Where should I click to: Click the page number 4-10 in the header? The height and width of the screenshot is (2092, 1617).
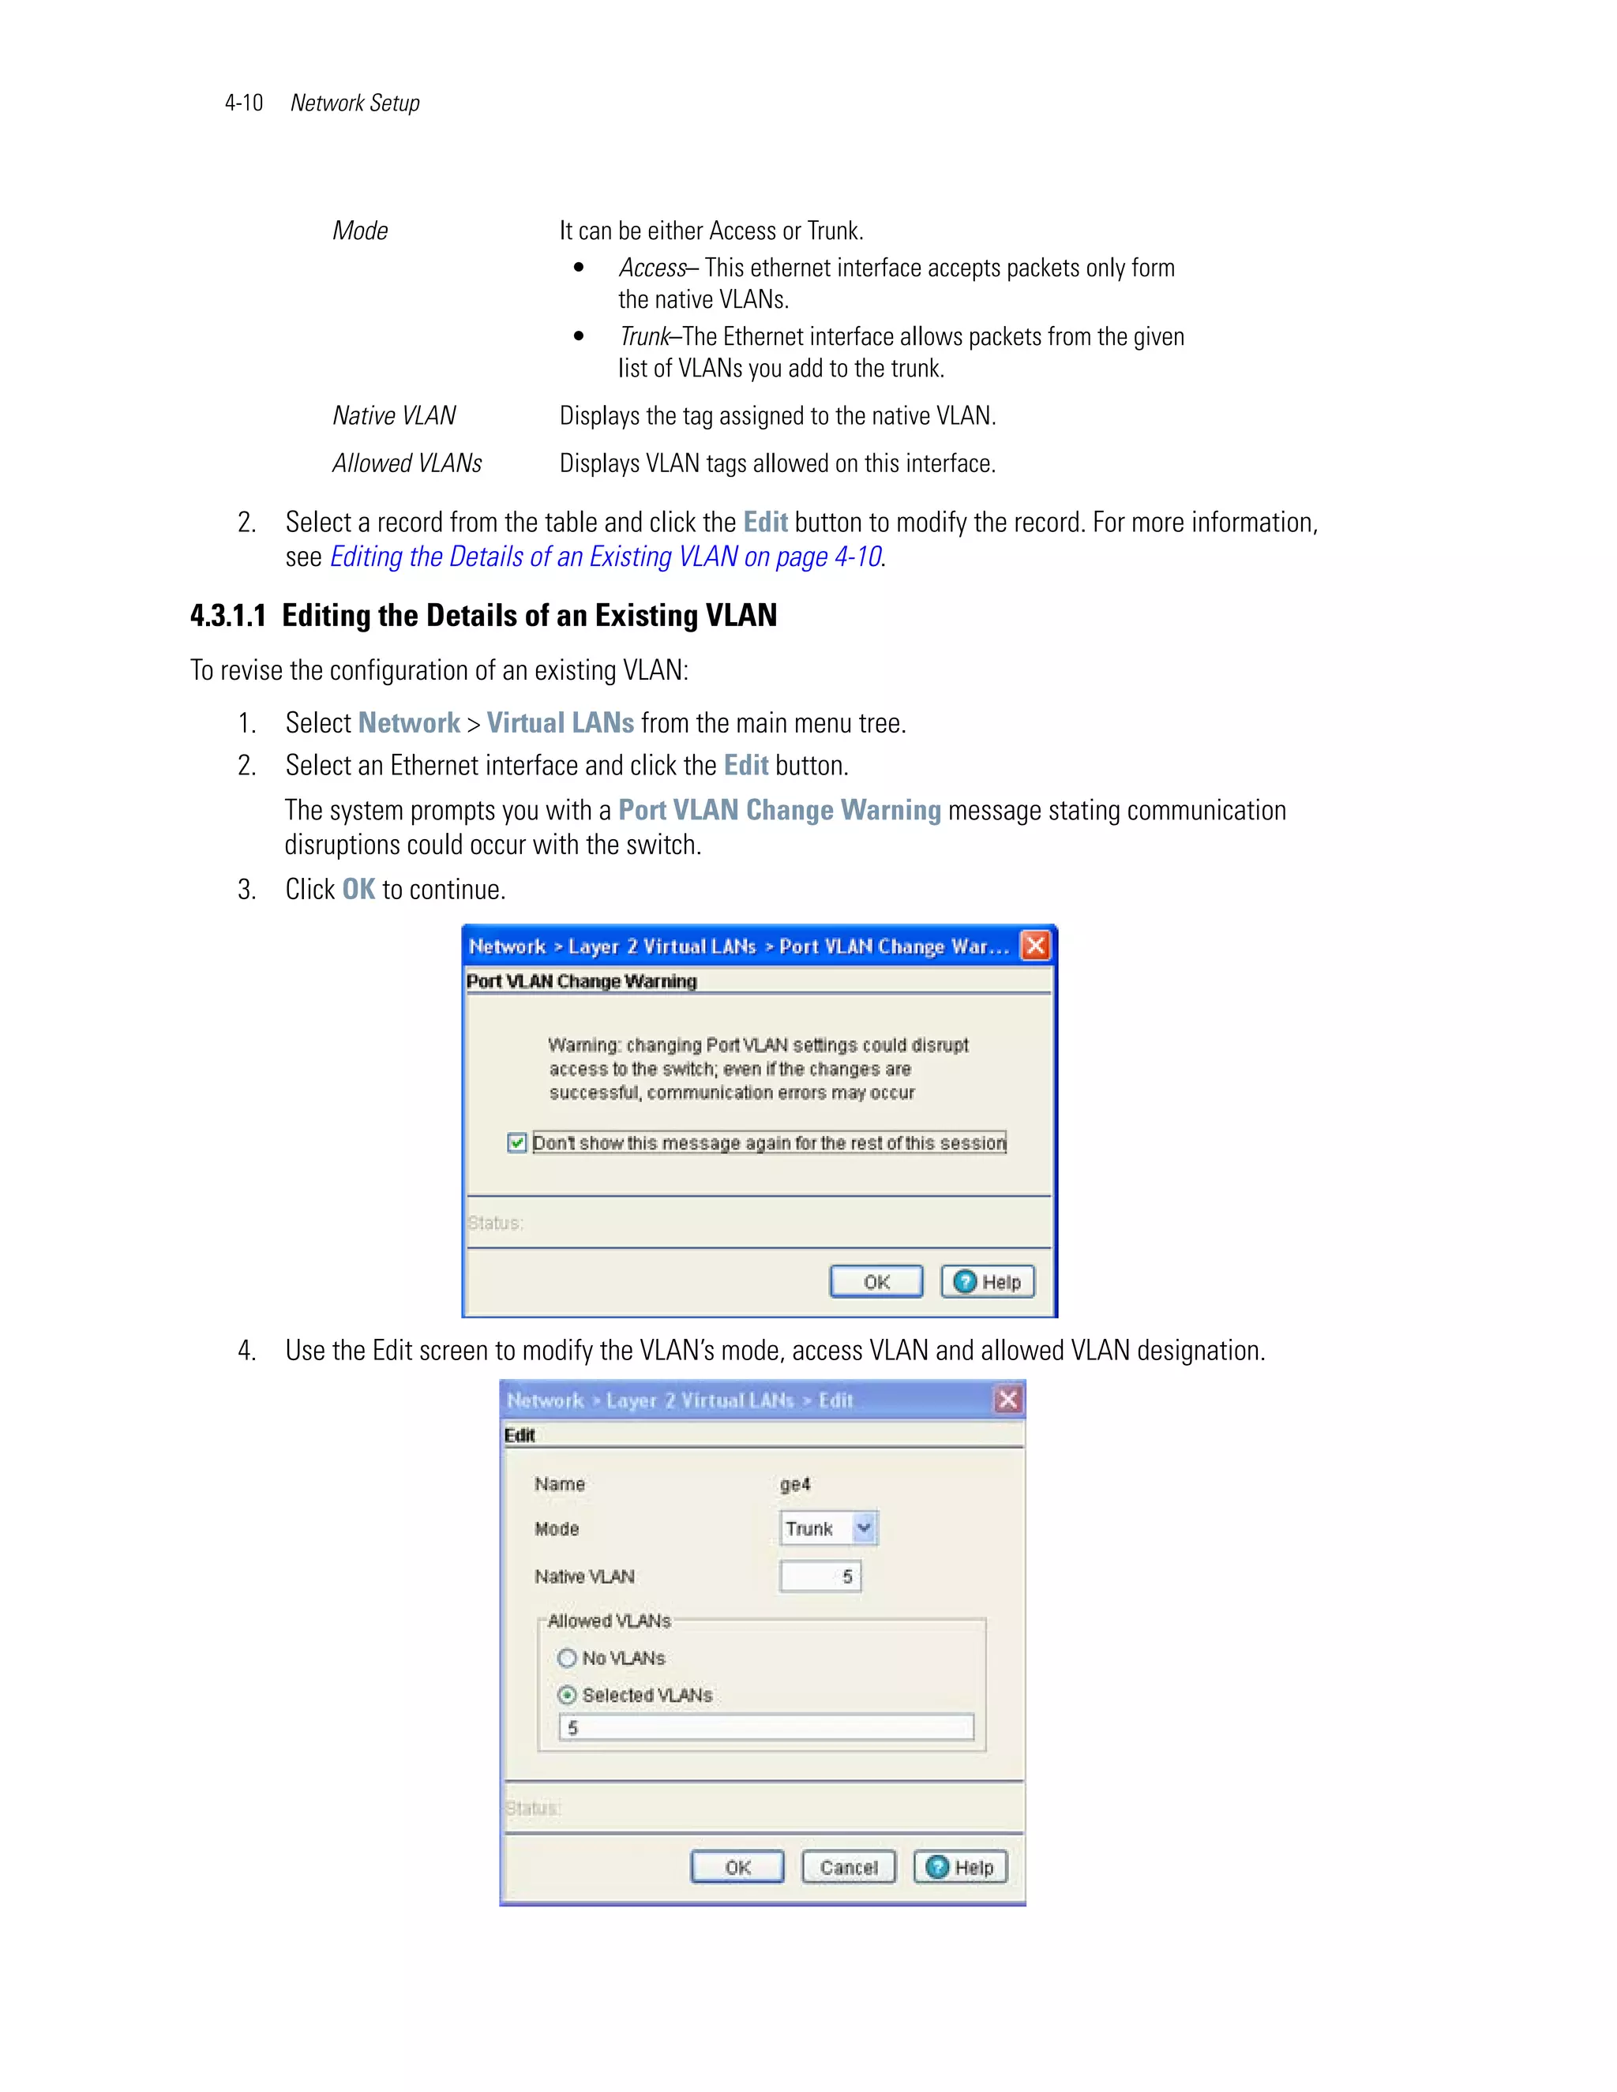click(x=243, y=103)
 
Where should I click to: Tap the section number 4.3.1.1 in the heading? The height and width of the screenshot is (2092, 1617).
click(x=228, y=615)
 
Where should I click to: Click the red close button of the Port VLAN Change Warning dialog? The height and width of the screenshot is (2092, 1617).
click(x=1036, y=947)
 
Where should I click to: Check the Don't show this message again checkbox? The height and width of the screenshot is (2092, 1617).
click(x=517, y=1143)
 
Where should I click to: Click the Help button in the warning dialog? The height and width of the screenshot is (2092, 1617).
click(x=988, y=1281)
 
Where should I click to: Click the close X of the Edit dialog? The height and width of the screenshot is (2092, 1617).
click(x=1007, y=1400)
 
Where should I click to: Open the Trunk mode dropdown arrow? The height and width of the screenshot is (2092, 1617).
click(x=864, y=1528)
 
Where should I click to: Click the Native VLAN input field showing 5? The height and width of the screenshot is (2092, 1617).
click(x=820, y=1576)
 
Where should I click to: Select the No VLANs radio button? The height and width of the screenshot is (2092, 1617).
click(x=567, y=1658)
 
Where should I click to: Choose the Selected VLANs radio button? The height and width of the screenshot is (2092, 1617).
click(x=567, y=1696)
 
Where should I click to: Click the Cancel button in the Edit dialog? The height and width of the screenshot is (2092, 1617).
click(x=848, y=1867)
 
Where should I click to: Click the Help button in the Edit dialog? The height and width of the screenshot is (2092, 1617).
click(x=960, y=1867)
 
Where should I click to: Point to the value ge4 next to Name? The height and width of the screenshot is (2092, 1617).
click(x=795, y=1484)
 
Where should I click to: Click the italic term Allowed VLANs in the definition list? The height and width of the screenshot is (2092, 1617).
click(x=407, y=463)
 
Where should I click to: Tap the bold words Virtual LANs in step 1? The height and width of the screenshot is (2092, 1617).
click(x=560, y=723)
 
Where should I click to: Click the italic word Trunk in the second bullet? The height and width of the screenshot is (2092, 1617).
click(x=643, y=337)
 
